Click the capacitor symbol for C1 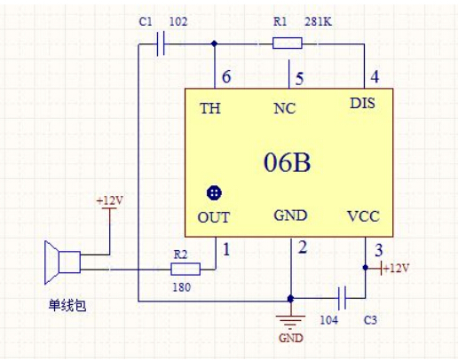161,44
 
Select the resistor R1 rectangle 287,43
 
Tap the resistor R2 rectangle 186,269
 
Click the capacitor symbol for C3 343,298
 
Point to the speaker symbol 62,262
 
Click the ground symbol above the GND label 290,322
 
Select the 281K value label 318,21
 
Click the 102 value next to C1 178,21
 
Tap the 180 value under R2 181,287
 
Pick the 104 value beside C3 328,320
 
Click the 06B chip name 287,162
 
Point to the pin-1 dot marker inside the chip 214,193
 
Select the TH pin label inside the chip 210,108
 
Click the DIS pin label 362,103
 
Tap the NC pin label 284,108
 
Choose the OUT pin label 213,217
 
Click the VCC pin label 363,216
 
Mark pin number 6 226,77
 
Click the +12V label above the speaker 110,200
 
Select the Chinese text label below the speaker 67,305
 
